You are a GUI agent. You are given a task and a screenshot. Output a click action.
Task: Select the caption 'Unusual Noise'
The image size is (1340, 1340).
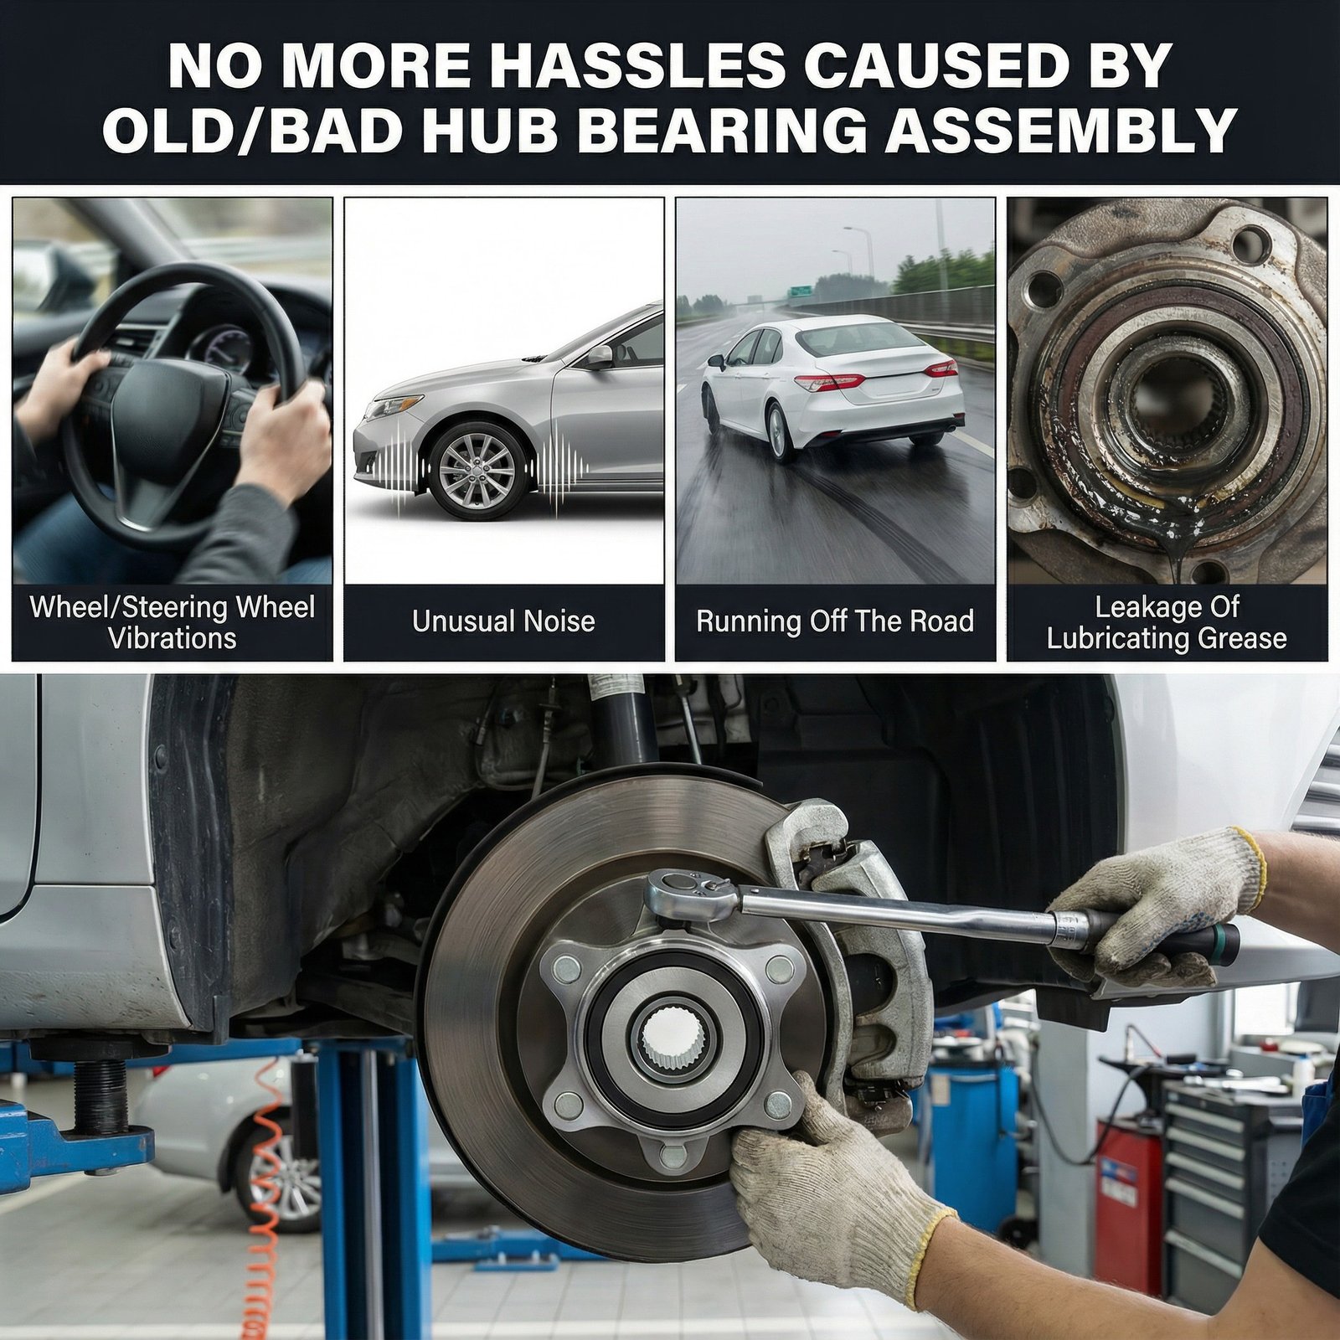(503, 621)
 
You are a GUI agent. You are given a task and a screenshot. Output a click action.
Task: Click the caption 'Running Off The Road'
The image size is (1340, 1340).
(835, 621)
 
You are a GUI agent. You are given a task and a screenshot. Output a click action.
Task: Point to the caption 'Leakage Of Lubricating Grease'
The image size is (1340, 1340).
(1167, 622)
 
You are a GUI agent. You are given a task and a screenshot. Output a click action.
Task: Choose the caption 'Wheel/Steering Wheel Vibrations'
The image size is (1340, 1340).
(173, 622)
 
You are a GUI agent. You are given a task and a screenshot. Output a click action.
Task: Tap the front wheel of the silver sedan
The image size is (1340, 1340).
(477, 471)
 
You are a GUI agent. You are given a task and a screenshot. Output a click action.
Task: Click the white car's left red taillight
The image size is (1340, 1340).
(829, 382)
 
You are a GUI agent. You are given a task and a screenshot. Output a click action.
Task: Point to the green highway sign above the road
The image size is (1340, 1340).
(801, 290)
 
